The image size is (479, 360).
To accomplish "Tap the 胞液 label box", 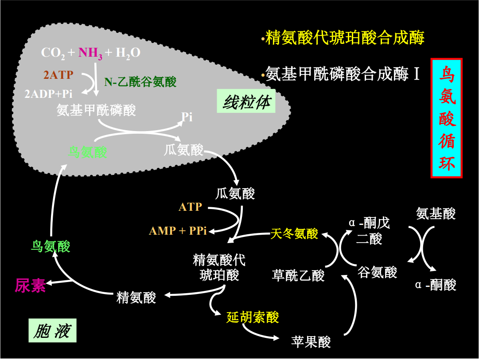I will [x=52, y=330].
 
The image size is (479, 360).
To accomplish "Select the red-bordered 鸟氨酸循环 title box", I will [x=446, y=118].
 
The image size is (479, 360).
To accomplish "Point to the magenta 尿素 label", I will [x=30, y=286].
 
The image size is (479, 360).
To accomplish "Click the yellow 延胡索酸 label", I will [x=253, y=317].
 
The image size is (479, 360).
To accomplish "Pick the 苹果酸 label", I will [x=311, y=341].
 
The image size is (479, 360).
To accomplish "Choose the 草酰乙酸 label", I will [x=298, y=275].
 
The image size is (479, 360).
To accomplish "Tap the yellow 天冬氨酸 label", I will [x=294, y=233].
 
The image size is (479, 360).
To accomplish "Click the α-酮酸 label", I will [x=436, y=285].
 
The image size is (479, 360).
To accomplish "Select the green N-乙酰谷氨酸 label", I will [x=140, y=81].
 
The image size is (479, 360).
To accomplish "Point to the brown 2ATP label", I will [x=58, y=75].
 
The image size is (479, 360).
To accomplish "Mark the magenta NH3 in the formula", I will [x=90, y=53].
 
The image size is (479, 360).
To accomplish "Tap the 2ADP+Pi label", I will [x=48, y=93].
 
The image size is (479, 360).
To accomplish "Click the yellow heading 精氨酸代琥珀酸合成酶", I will [x=344, y=38].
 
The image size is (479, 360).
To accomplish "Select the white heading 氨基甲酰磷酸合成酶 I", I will [x=342, y=74].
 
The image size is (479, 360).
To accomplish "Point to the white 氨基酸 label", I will [x=436, y=213].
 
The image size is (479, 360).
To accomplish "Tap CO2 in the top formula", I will [x=53, y=53].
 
